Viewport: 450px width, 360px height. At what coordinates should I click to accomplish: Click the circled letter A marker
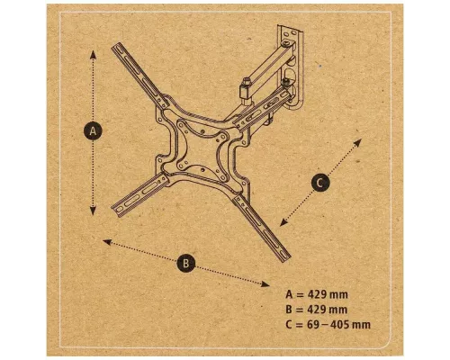pyautogui.click(x=93, y=131)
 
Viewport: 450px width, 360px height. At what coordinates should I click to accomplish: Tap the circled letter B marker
pyautogui.click(x=185, y=264)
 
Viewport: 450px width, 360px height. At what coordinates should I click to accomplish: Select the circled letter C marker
pyautogui.click(x=320, y=182)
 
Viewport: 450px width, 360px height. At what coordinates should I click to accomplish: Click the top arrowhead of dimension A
pyautogui.click(x=94, y=52)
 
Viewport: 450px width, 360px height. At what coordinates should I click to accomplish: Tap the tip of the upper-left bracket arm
pyautogui.click(x=116, y=48)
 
